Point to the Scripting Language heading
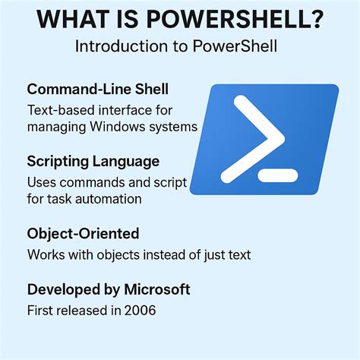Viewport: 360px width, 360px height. (93, 161)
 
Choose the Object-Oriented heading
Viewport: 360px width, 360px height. (83, 233)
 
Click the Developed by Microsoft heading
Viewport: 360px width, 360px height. (108, 289)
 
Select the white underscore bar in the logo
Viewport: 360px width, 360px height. (279, 175)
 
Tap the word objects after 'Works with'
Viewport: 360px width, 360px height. (131, 254)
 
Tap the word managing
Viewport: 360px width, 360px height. (56, 126)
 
